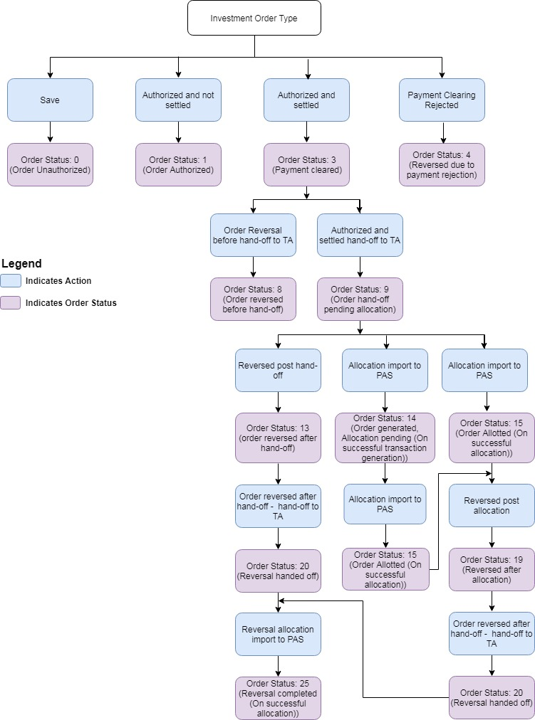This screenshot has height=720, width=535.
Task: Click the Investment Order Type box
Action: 254,18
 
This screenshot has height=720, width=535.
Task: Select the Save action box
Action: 50,100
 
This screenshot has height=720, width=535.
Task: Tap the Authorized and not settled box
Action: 178,100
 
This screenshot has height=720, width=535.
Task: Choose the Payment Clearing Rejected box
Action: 442,100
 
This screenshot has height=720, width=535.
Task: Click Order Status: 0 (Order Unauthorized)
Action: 50,164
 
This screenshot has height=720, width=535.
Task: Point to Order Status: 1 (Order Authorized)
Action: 178,164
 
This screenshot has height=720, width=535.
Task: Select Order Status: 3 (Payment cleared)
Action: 306,164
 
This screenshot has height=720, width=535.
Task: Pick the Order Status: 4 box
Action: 442,164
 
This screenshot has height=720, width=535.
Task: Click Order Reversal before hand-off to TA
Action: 253,235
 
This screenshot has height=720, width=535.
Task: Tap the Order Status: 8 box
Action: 253,299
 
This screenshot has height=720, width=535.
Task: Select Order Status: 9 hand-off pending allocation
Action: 360,299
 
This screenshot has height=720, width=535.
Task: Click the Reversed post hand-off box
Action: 278,370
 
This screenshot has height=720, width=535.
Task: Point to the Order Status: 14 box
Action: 385,438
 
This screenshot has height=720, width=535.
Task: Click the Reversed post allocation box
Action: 492,505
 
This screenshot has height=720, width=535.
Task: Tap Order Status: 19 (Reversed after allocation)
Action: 492,569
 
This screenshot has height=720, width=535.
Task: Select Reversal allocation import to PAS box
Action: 278,634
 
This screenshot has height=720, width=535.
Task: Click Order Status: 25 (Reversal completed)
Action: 278,698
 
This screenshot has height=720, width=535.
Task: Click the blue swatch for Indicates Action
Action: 11,281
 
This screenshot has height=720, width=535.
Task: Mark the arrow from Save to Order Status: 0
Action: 50,132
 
